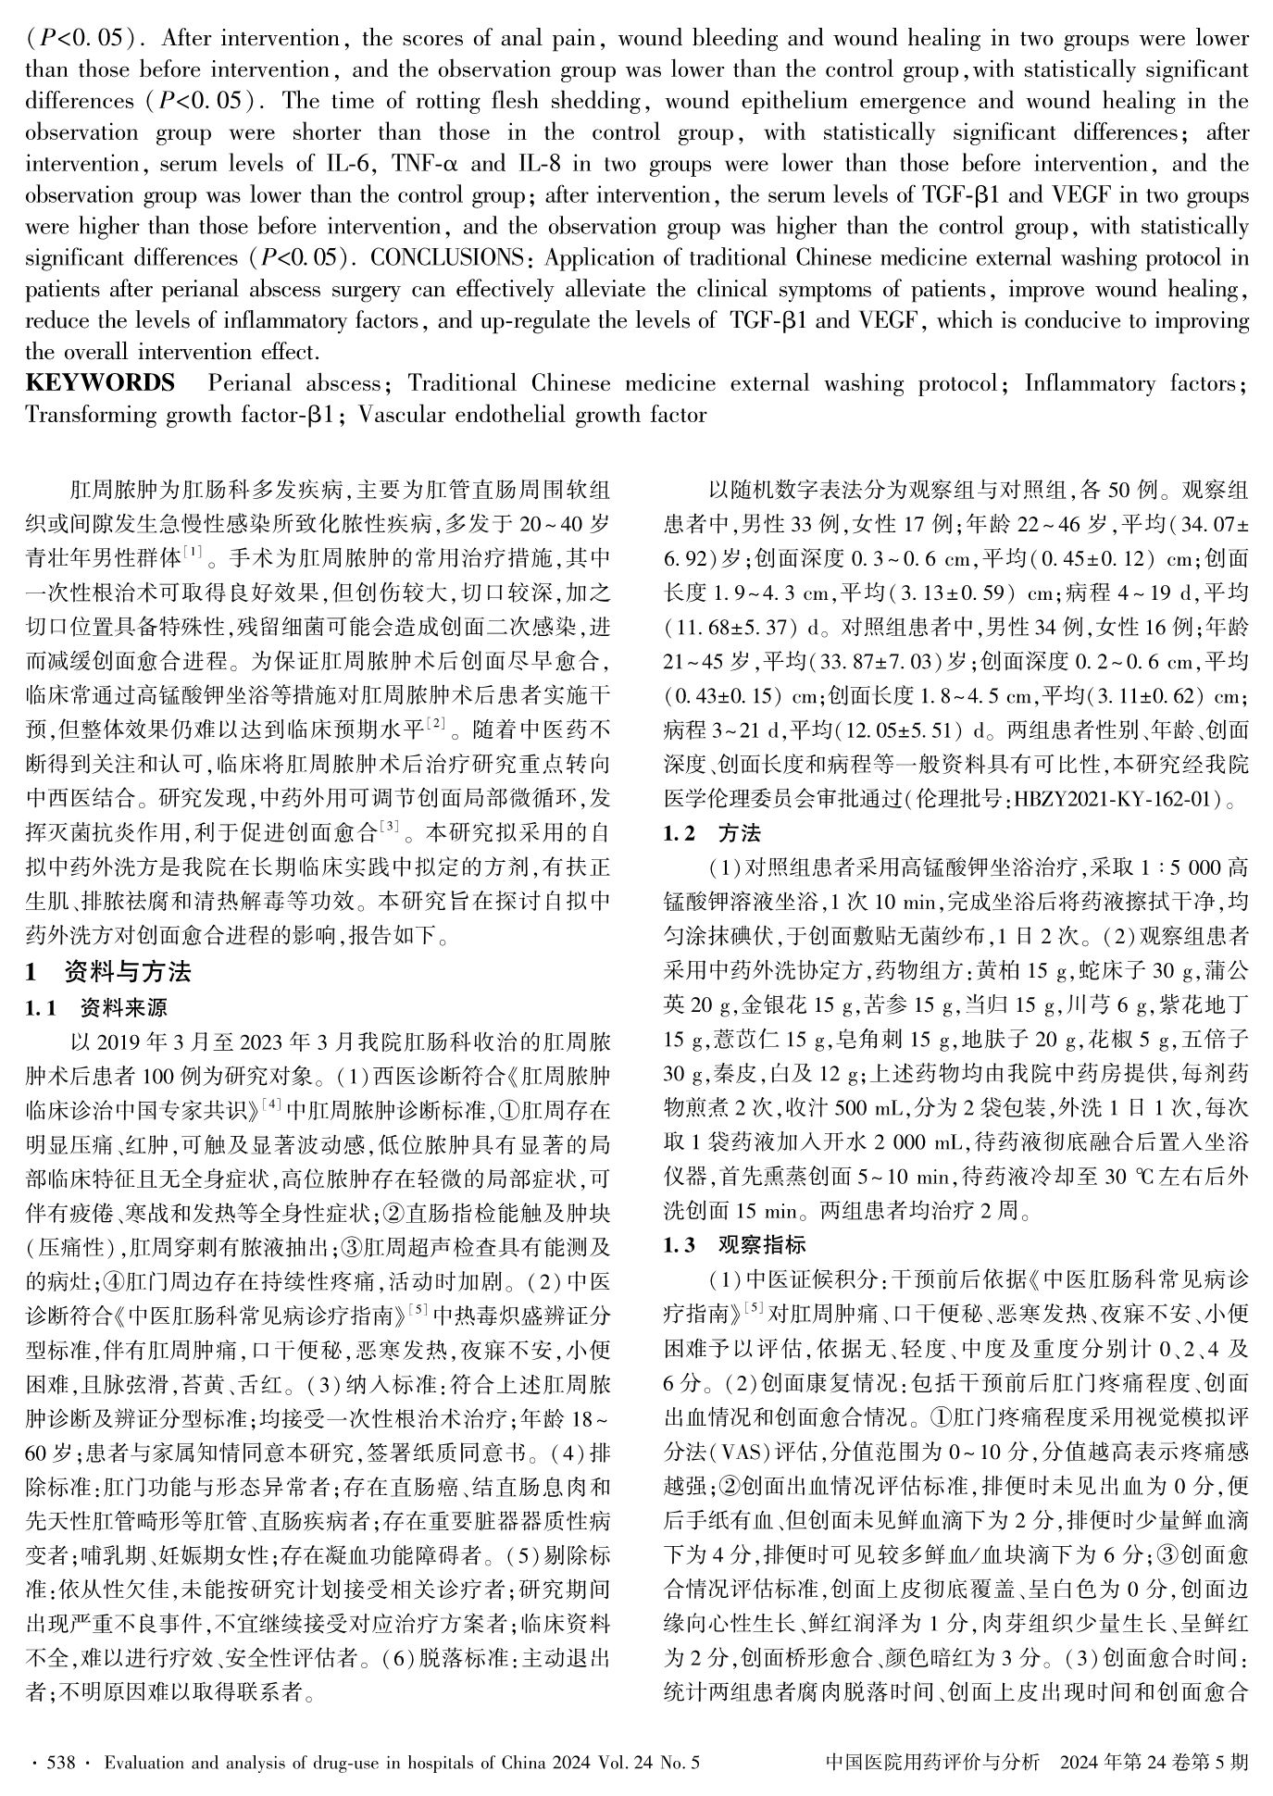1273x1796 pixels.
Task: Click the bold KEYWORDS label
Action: [x=99, y=383]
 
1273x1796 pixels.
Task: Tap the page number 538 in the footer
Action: [x=60, y=1762]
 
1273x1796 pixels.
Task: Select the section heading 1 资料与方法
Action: [x=108, y=972]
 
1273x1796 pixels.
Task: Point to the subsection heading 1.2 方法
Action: [x=712, y=833]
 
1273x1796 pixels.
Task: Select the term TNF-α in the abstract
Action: [x=426, y=165]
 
